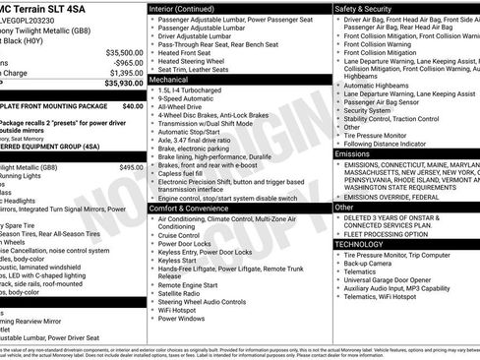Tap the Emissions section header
(353, 154)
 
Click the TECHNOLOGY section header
(360, 244)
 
